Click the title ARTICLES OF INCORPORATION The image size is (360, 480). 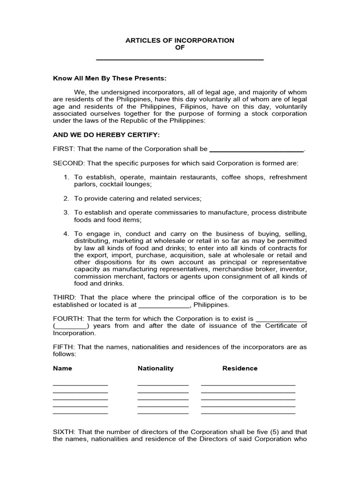pos(180,41)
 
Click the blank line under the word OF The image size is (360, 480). pos(180,59)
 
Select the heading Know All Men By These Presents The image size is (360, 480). pos(110,78)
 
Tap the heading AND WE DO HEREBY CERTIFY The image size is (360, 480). pos(106,135)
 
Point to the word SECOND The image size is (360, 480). pos(69,163)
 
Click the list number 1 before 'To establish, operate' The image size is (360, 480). pos(66,177)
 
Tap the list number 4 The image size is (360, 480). pos(66,233)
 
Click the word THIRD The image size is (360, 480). pos(63,298)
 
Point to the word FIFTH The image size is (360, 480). pos(63,347)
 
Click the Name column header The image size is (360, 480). pos(62,368)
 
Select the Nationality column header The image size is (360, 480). pos(155,368)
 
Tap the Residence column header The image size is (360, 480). pos(240,368)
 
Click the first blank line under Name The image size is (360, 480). pos(80,384)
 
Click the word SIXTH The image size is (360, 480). pos(64,432)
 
